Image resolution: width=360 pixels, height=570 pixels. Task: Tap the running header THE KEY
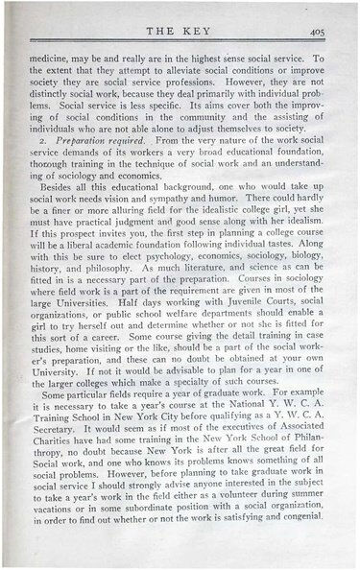coord(177,30)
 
